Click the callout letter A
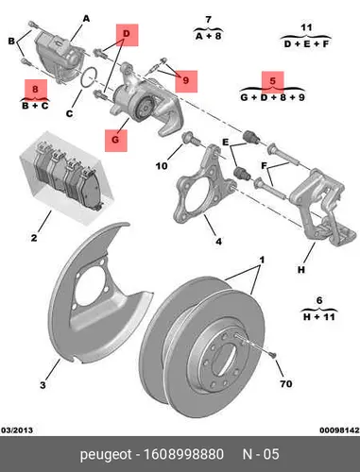(x=86, y=19)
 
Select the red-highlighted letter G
(x=115, y=139)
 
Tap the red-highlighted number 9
(x=186, y=80)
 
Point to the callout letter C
(x=70, y=113)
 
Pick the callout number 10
(x=162, y=165)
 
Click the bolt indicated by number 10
(x=191, y=139)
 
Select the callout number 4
(x=218, y=242)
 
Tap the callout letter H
(x=301, y=270)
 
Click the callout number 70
(x=285, y=383)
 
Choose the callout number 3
(x=43, y=384)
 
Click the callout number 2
(x=34, y=238)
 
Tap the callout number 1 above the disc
(x=262, y=261)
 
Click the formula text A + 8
(x=208, y=36)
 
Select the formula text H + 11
(x=319, y=316)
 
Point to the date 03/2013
(x=17, y=430)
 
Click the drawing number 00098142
(x=339, y=430)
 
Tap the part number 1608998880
(x=183, y=454)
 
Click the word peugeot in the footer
(x=106, y=455)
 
